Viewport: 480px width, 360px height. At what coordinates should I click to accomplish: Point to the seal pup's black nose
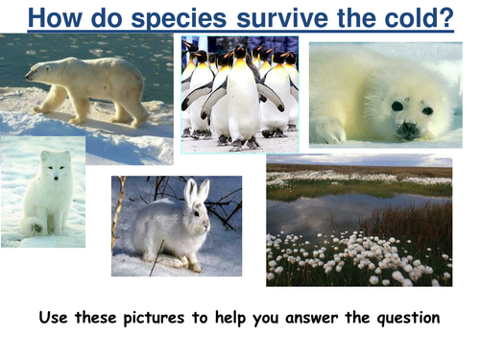410,126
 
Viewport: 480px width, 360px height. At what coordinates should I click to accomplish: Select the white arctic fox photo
42,191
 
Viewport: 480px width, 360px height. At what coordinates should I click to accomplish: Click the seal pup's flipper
331,130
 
